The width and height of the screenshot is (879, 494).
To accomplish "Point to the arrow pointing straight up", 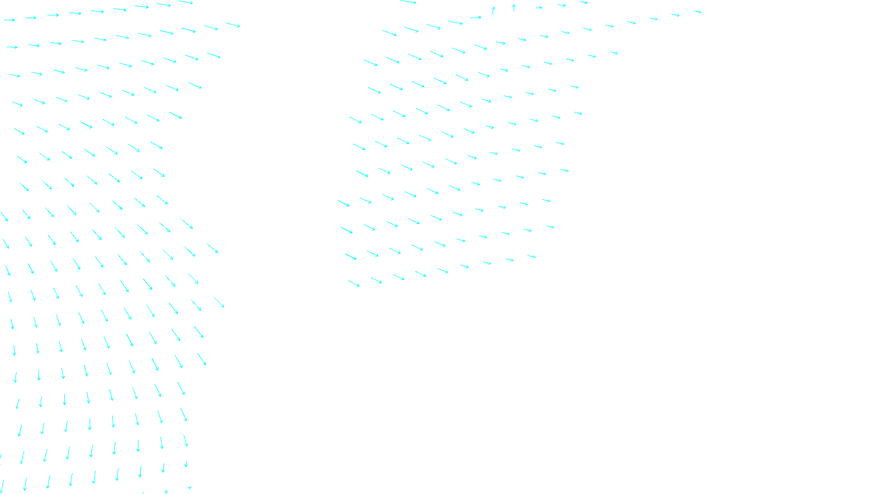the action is [514, 8].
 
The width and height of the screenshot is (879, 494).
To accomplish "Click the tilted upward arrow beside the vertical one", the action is [493, 10].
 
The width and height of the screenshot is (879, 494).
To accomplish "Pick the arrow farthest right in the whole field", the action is [697, 11].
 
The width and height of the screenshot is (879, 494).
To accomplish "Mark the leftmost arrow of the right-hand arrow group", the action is [343, 203].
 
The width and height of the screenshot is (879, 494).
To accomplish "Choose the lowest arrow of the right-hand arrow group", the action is [354, 284].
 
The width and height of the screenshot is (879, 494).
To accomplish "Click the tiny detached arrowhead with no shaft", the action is [190, 487].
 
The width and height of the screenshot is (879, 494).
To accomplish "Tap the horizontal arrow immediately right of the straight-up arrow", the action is [538, 8].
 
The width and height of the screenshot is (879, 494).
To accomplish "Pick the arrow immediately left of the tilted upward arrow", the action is [475, 18].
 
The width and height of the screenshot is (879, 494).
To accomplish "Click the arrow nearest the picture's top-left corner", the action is [9, 20].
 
